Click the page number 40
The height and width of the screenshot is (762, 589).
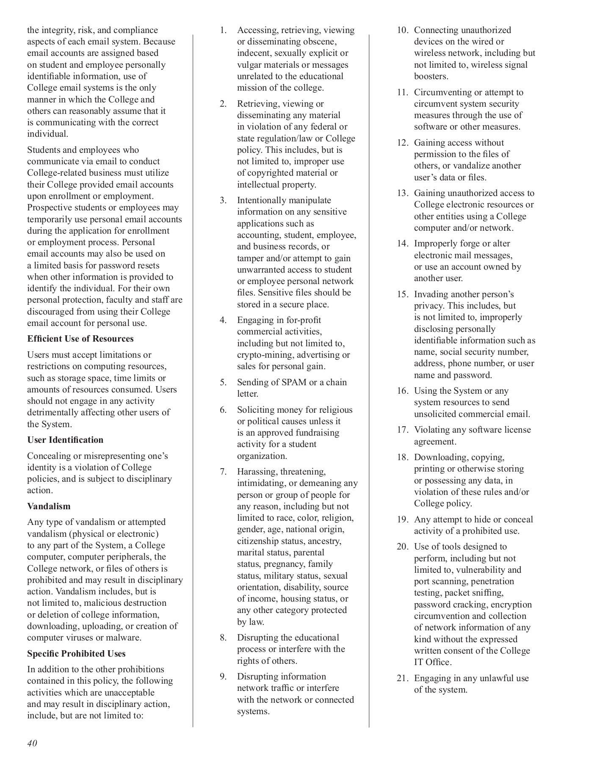[32, 743]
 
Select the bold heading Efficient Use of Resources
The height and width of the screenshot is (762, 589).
[80, 339]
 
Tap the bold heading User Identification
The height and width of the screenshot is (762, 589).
[65, 440]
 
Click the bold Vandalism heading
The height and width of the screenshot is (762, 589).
[49, 506]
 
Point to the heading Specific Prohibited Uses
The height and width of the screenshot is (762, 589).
[76, 654]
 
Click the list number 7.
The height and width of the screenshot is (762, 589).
[223, 472]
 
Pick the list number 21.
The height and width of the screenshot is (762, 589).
[402, 678]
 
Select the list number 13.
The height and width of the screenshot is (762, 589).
[402, 193]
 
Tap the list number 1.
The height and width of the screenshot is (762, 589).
[223, 30]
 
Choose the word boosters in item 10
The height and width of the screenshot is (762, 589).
[431, 76]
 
